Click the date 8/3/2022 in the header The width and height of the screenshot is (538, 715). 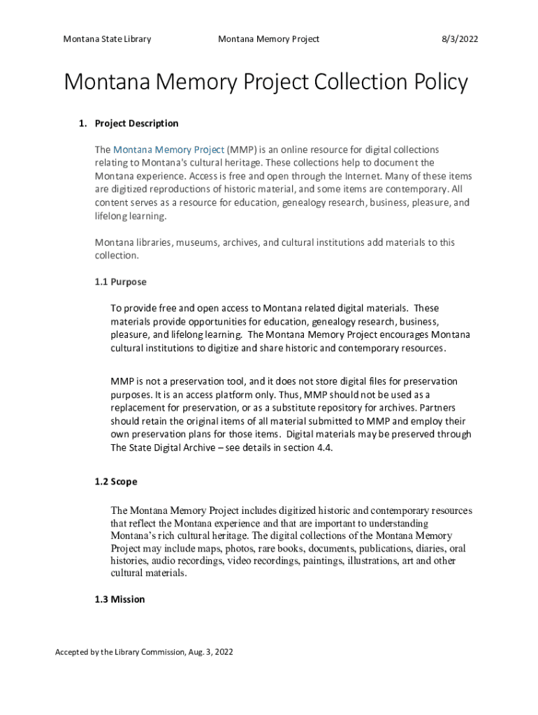[x=459, y=39]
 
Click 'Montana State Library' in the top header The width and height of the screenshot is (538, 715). [x=107, y=39]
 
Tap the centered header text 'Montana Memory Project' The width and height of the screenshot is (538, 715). [x=268, y=39]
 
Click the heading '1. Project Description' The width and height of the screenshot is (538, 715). [x=129, y=124]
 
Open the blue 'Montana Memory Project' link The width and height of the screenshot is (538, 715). [x=168, y=149]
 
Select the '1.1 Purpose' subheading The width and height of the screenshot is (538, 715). [x=120, y=282]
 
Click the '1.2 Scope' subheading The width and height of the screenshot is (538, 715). [x=116, y=482]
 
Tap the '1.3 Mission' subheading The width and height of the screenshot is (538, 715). [x=119, y=599]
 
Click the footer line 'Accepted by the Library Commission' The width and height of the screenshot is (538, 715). [x=144, y=652]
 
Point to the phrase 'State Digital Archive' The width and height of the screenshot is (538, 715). [x=175, y=448]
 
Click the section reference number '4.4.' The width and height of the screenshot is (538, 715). [x=322, y=448]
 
